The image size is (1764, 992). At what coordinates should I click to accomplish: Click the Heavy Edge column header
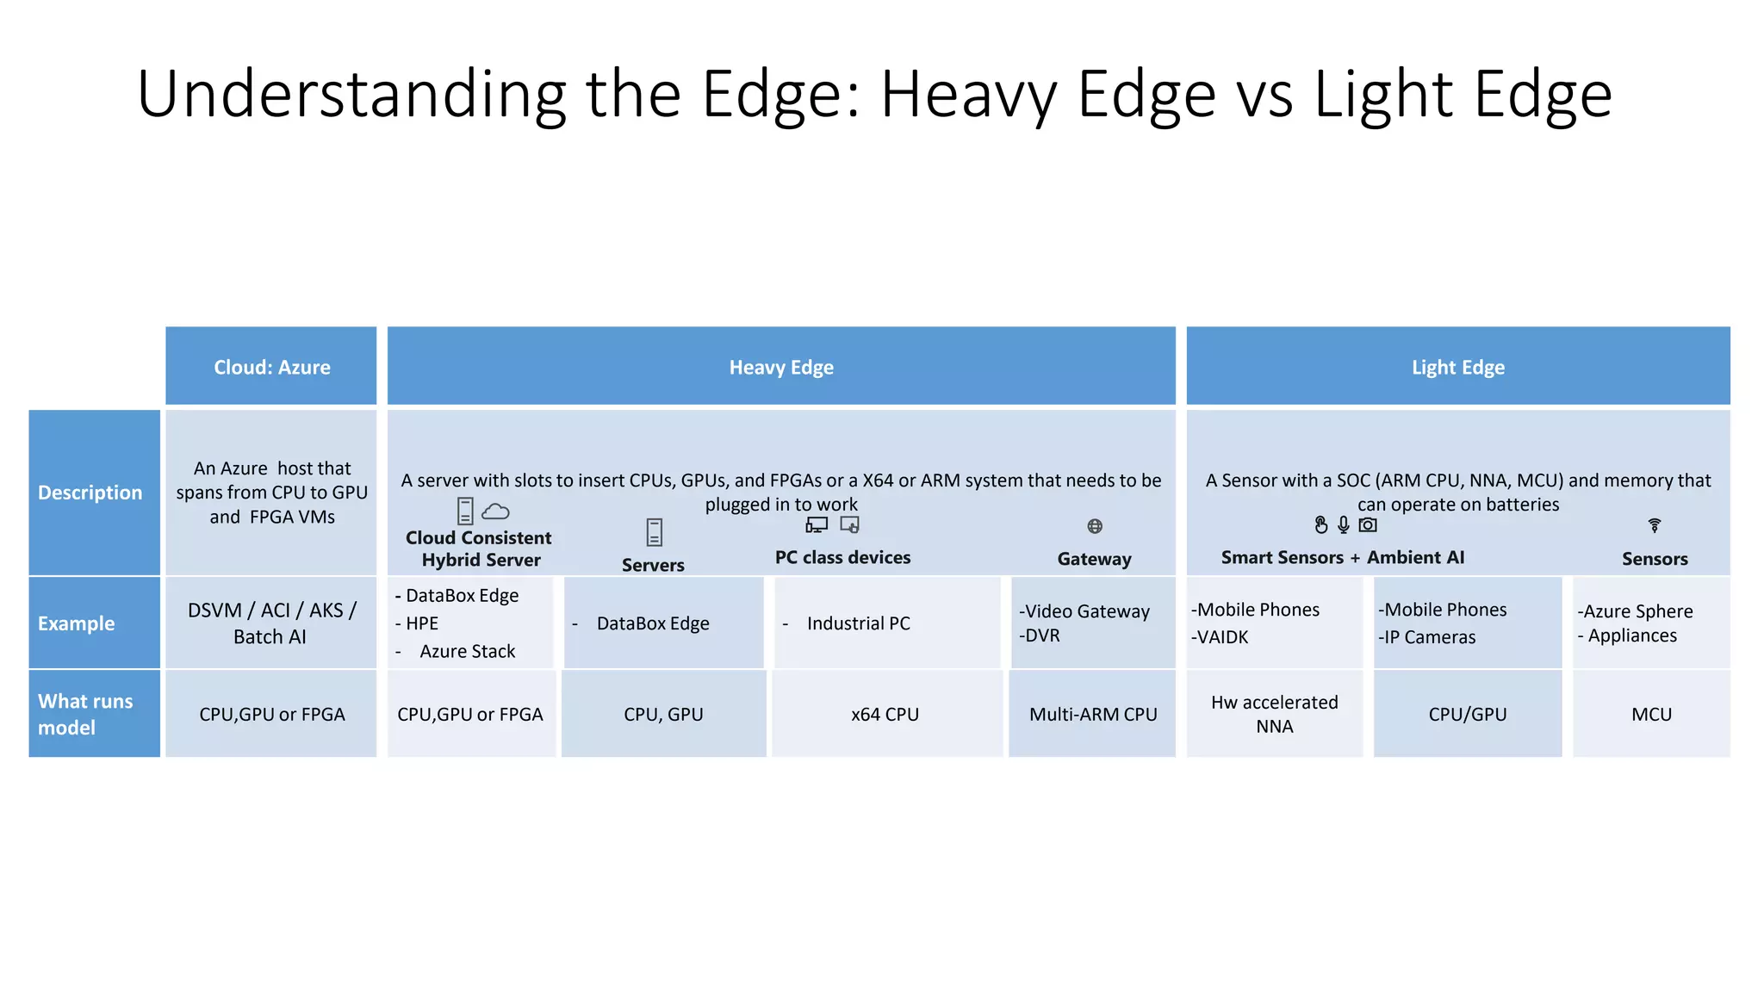781,367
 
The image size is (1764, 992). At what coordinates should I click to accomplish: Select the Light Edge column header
1457,367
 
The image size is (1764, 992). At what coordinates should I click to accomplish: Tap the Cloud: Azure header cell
271,367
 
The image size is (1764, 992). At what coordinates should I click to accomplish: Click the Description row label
90,493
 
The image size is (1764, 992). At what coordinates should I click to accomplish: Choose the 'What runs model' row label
86,714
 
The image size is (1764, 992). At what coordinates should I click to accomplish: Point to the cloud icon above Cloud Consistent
495,512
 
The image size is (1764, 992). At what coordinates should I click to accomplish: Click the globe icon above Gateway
1095,526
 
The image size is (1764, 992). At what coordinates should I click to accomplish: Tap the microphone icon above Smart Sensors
1344,524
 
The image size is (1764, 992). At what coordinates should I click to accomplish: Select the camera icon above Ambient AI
1368,524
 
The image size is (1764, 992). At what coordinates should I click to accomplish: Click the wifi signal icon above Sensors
1655,524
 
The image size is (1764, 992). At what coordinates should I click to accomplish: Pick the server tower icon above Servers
655,532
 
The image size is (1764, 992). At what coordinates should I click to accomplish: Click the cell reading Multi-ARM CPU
1093,714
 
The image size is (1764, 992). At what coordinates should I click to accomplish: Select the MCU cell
1651,714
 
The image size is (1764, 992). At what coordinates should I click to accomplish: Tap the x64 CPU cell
885,714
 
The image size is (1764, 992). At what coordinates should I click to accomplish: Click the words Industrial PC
858,623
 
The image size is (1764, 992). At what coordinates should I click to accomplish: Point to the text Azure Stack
467,651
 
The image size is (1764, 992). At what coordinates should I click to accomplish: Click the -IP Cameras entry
1427,637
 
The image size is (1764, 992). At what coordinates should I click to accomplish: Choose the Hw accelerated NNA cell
1274,714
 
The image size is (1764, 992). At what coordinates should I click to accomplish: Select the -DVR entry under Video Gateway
1040,635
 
